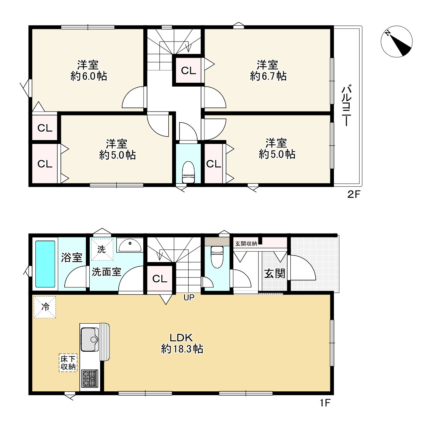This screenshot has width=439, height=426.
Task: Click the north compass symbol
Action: pyautogui.click(x=396, y=42)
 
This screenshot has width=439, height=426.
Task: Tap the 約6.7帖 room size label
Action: pyautogui.click(x=268, y=76)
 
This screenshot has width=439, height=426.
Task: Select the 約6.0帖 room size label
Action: pyautogui.click(x=89, y=76)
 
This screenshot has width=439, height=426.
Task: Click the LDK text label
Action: pyautogui.click(x=181, y=337)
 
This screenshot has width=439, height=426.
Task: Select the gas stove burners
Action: pyautogui.click(x=90, y=378)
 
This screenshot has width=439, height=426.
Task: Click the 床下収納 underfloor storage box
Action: pyautogui.click(x=68, y=363)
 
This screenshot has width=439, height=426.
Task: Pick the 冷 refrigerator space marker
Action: pyautogui.click(x=45, y=307)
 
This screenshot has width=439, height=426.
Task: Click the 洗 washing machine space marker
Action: pyautogui.click(x=102, y=249)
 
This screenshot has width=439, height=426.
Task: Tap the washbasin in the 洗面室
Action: pyautogui.click(x=130, y=245)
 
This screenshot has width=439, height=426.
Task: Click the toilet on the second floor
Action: pyautogui.click(x=188, y=172)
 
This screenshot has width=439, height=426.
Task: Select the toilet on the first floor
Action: pyautogui.click(x=217, y=257)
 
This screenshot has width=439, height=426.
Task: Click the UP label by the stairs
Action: pyautogui.click(x=189, y=297)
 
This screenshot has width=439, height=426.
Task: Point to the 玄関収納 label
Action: pyautogui.click(x=246, y=244)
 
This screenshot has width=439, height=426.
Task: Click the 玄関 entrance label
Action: pyautogui.click(x=275, y=274)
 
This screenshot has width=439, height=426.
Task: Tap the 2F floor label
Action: pyautogui.click(x=354, y=194)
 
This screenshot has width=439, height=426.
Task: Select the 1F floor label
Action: pyautogui.click(x=325, y=403)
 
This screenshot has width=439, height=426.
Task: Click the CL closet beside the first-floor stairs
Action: pyautogui.click(x=160, y=279)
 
